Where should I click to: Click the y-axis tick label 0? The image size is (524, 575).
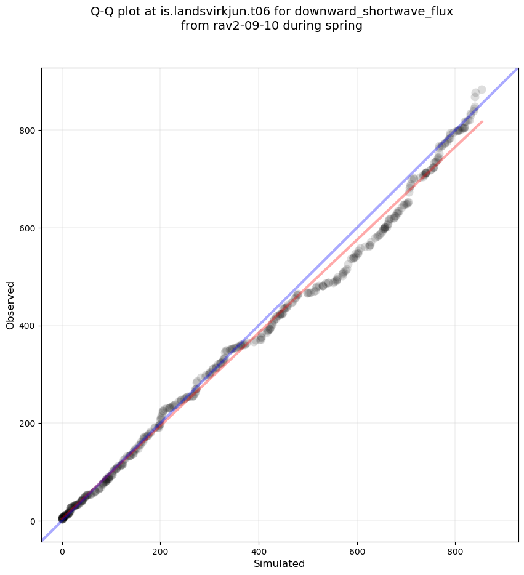click(x=32, y=521)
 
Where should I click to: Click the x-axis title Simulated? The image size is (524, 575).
click(x=280, y=563)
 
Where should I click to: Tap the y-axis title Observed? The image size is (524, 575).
click(x=10, y=305)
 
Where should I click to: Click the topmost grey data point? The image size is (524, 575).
click(x=482, y=90)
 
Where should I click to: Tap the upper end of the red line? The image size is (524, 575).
click(x=482, y=122)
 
